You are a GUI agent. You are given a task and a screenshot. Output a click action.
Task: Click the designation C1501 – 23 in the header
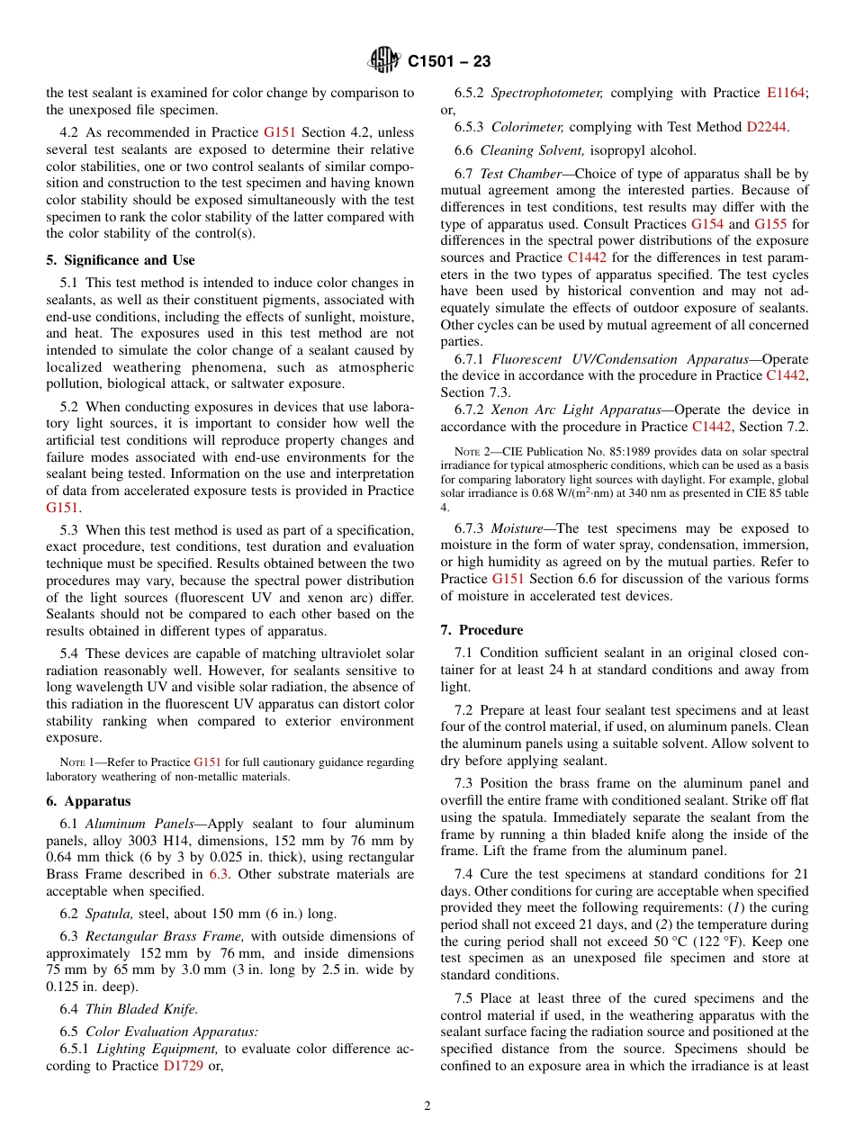(x=449, y=62)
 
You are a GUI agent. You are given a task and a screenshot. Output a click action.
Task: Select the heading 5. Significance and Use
(x=121, y=260)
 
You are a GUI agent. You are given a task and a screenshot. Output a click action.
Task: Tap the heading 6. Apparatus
(x=88, y=801)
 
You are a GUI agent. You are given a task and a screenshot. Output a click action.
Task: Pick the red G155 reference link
(x=770, y=223)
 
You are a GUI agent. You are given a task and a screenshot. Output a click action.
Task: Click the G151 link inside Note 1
(x=207, y=762)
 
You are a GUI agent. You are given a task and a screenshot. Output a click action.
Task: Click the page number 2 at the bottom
(x=427, y=1106)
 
